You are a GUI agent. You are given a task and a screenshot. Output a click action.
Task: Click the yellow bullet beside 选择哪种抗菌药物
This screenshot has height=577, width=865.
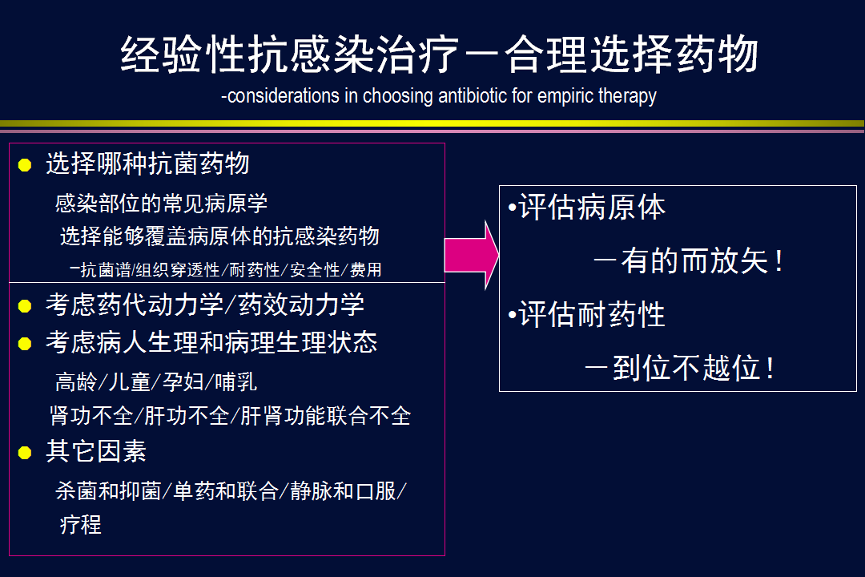click(25, 165)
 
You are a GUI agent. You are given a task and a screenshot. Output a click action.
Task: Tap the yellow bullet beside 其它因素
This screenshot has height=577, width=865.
click(25, 453)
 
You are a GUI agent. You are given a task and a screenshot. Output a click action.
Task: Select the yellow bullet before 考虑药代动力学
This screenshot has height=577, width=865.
click(25, 306)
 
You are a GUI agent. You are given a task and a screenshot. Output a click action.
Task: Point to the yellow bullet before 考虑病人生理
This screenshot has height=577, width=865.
click(25, 344)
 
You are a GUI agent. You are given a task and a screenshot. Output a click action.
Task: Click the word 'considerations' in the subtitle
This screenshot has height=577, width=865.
click(283, 96)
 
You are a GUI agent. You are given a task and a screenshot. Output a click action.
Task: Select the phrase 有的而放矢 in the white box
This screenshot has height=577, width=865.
click(694, 260)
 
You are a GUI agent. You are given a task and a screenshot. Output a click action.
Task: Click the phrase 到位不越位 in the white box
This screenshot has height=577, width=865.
click(686, 368)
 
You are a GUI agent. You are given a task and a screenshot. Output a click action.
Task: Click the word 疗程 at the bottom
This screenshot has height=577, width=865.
click(81, 524)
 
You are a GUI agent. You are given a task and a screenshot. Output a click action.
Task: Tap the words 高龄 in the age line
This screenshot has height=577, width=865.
click(76, 382)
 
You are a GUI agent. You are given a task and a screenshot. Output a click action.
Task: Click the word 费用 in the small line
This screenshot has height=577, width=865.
click(366, 269)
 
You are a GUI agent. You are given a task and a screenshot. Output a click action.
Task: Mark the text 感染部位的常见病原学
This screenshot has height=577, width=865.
click(161, 204)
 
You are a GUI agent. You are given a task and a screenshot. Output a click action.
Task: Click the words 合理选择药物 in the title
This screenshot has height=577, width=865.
click(632, 54)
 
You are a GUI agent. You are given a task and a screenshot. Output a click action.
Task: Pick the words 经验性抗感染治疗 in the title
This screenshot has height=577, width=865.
click(290, 54)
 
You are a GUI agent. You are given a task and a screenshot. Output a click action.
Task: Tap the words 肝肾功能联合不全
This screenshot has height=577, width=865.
click(325, 416)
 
